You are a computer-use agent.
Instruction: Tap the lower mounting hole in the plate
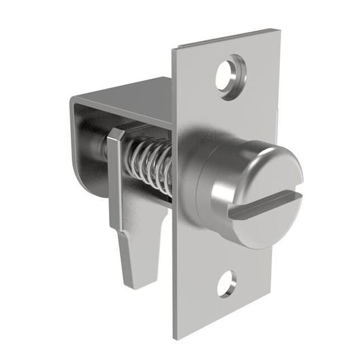point(227,283)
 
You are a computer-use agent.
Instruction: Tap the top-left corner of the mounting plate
point(174,48)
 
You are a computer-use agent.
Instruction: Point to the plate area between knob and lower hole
point(225,252)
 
